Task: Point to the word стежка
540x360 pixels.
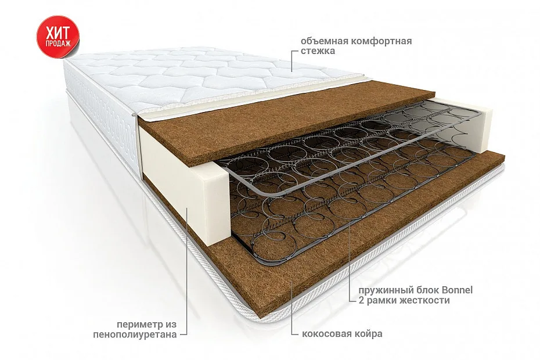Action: point(318,51)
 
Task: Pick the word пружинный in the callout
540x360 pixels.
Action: point(380,290)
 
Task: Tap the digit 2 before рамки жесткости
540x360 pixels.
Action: point(361,300)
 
